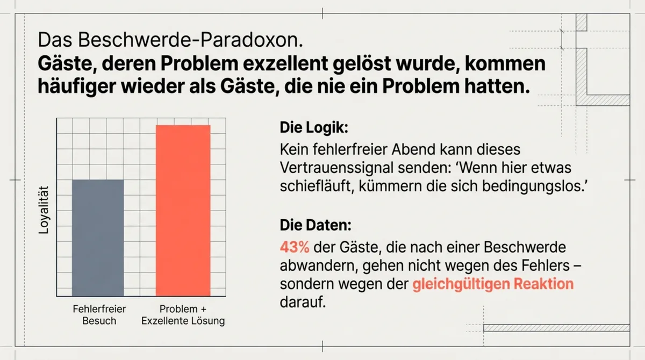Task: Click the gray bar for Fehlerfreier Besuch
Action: pyautogui.click(x=98, y=237)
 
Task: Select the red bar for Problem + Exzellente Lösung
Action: pyautogui.click(x=183, y=210)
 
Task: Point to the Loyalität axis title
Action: pyautogui.click(x=45, y=210)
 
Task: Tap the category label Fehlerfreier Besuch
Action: pyautogui.click(x=99, y=315)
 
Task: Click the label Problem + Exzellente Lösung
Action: pyautogui.click(x=183, y=315)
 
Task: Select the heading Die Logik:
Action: pyautogui.click(x=314, y=128)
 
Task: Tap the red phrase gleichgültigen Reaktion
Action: pyautogui.click(x=493, y=284)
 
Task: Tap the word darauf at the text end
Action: pyautogui.click(x=303, y=303)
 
